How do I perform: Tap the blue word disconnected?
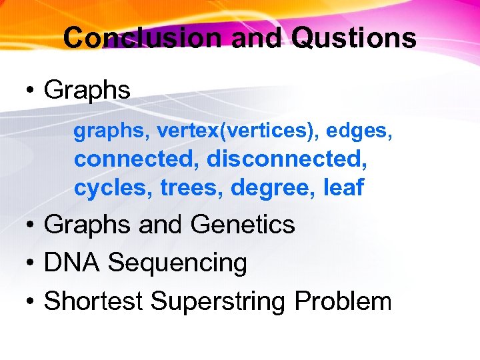coord(287,160)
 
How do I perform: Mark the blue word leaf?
coord(343,188)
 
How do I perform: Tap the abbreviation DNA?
coord(72,263)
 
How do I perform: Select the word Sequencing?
coord(177,263)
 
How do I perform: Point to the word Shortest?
coord(93,301)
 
